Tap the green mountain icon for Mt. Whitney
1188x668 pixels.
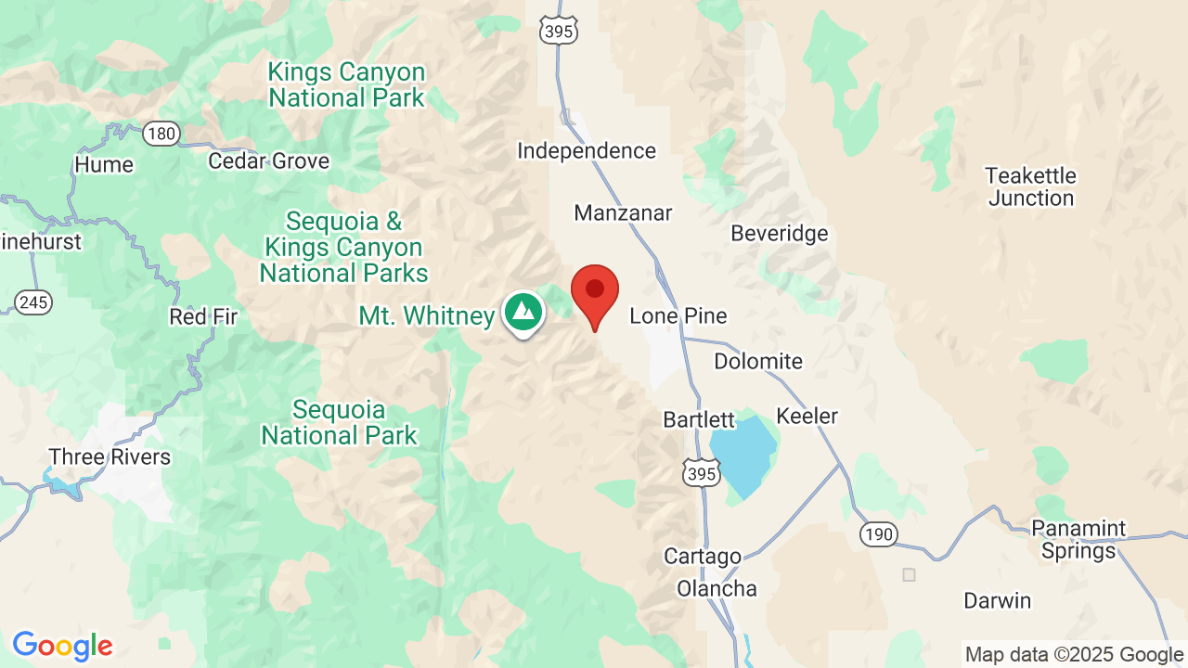[x=523, y=312]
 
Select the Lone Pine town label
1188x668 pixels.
[x=678, y=316]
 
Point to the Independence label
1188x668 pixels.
[x=587, y=150]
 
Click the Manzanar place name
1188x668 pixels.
[x=623, y=213]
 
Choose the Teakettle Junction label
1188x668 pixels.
[x=1030, y=186]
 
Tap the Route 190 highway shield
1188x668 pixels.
[x=877, y=533]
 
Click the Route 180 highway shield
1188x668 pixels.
[x=161, y=134]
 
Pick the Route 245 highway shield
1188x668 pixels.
[x=33, y=302]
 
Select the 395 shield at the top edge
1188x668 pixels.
[x=559, y=31]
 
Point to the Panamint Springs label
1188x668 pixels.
[x=1078, y=540]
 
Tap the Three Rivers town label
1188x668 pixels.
[x=110, y=457]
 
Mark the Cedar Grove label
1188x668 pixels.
[x=268, y=161]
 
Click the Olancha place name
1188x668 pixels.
[x=717, y=588]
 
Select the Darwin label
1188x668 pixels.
[x=997, y=600]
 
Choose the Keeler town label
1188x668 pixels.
[x=807, y=417]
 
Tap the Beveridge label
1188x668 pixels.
[x=779, y=234]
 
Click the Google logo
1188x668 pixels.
[x=62, y=646]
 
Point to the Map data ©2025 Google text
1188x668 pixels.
[x=1074, y=654]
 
